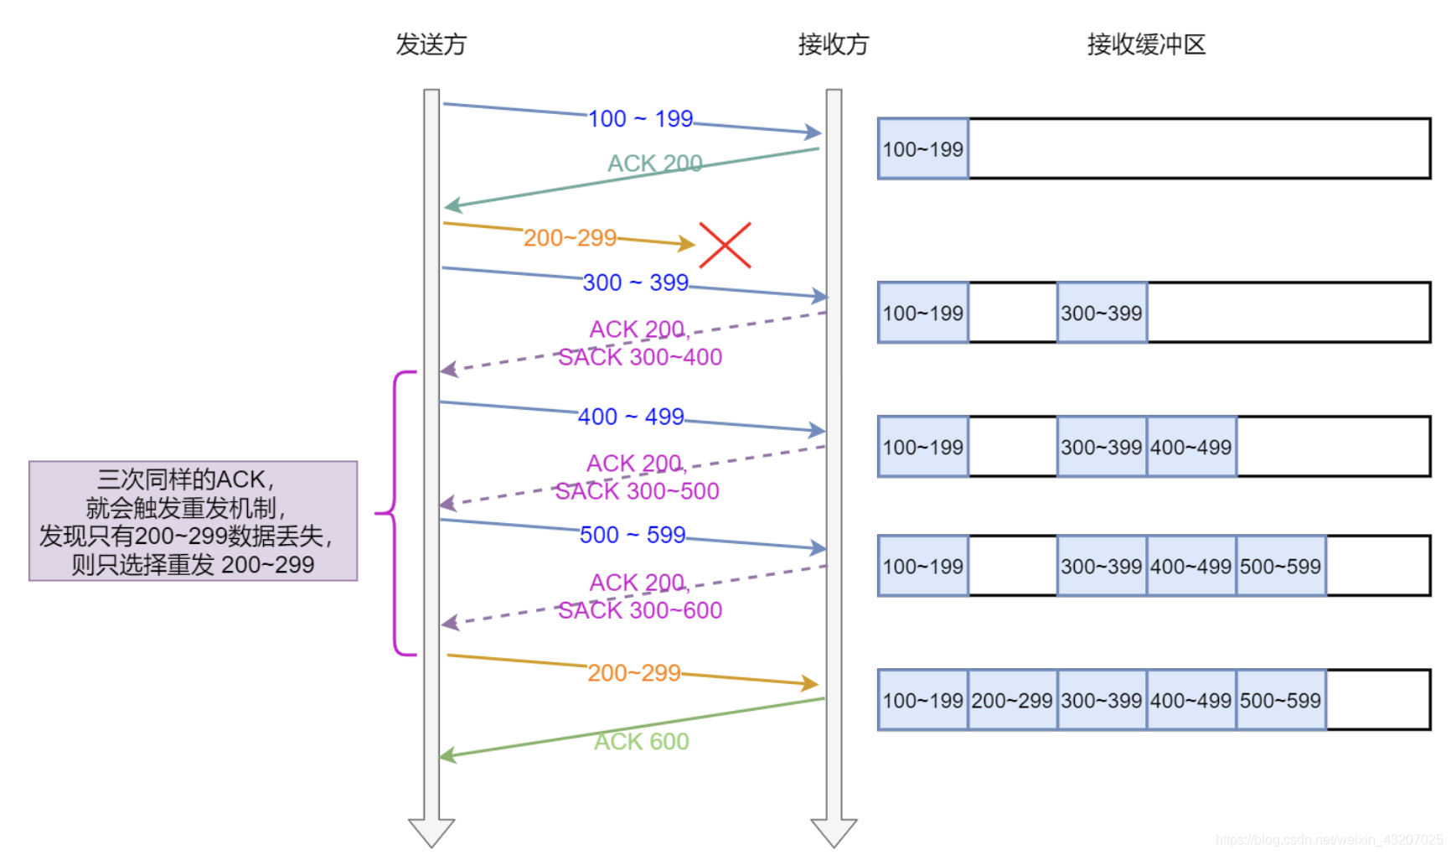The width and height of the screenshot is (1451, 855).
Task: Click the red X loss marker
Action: tap(725, 246)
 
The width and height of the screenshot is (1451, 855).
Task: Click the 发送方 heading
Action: tap(431, 44)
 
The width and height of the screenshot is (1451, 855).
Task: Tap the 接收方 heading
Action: tap(833, 44)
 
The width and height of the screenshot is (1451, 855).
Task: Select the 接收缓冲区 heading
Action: tap(1146, 44)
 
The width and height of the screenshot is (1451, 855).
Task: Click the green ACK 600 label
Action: tap(641, 742)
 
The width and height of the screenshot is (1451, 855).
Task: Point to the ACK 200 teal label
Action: tap(654, 163)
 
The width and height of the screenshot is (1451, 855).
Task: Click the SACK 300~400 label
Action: tap(640, 358)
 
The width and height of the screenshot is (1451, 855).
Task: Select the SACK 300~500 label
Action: tap(637, 492)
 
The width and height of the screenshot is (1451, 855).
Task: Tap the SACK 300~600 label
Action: tap(640, 611)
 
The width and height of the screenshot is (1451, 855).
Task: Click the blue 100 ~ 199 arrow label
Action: tap(640, 119)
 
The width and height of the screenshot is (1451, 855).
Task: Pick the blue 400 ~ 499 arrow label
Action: tap(631, 417)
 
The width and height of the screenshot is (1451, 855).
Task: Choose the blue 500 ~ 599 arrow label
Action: tap(633, 535)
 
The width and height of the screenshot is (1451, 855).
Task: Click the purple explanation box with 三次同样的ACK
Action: tap(193, 521)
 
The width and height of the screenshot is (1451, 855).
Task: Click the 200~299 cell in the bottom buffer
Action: tap(1011, 701)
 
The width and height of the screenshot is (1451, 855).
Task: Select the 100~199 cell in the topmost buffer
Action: tap(922, 149)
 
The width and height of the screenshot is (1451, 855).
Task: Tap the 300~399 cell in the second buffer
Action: tap(1101, 313)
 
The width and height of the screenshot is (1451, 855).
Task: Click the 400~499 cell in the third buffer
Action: tap(1190, 448)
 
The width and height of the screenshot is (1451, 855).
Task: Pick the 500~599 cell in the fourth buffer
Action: tap(1280, 567)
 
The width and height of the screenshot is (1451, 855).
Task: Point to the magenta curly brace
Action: tap(394, 512)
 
